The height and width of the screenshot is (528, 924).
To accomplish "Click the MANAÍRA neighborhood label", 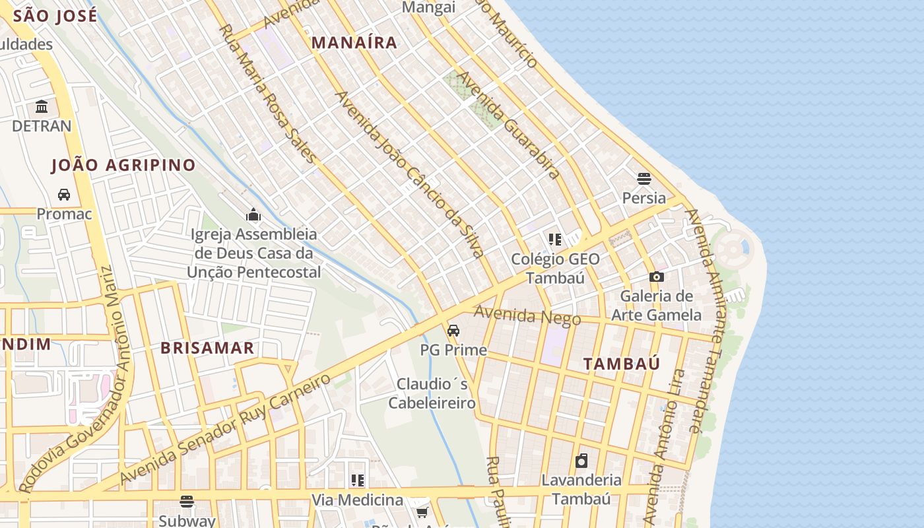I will tap(354, 43).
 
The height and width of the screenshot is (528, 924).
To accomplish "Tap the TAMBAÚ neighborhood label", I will tap(622, 364).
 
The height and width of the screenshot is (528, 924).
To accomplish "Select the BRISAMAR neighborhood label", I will tap(207, 348).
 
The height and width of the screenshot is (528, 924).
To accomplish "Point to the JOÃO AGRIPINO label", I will tap(123, 165).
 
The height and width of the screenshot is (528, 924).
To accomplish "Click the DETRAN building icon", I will tap(42, 106).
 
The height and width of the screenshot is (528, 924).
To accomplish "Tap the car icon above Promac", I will tap(64, 195).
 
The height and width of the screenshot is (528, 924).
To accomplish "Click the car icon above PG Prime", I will tap(453, 331).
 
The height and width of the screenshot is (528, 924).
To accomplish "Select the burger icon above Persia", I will tap(644, 178).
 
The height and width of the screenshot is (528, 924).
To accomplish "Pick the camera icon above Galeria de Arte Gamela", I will tap(656, 277).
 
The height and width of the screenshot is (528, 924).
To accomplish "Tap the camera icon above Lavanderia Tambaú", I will tap(581, 461).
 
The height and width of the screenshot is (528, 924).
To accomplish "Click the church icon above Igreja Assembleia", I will tap(253, 214).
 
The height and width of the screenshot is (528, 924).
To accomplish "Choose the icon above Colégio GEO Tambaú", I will tap(554, 239).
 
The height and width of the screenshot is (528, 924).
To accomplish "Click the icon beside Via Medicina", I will tap(358, 480).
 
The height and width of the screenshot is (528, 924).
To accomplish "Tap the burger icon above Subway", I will tap(187, 502).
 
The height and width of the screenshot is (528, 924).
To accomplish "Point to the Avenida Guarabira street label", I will tap(508, 125).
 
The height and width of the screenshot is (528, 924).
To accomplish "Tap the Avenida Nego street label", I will tap(527, 316).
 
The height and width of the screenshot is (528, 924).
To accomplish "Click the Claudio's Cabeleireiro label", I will tap(432, 393).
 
